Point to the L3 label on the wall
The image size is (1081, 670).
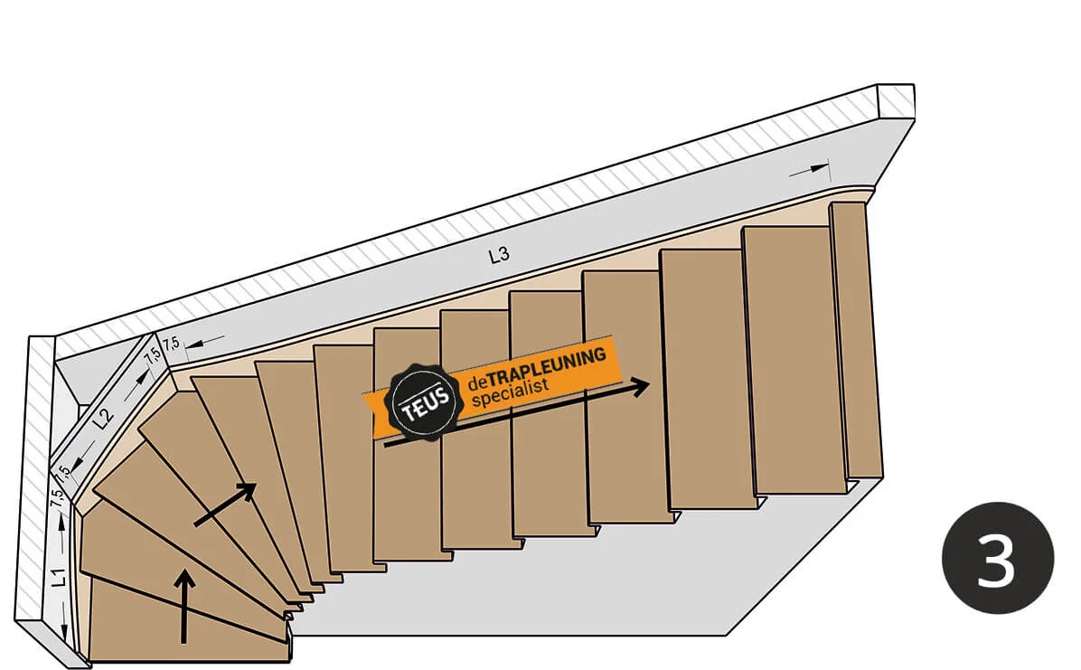coord(498,256)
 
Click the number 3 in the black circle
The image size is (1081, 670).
coord(997,559)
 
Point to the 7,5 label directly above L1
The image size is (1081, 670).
coord(57,497)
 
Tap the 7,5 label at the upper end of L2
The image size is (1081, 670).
coord(152,355)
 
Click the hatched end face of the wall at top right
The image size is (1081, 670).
coord(896,100)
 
